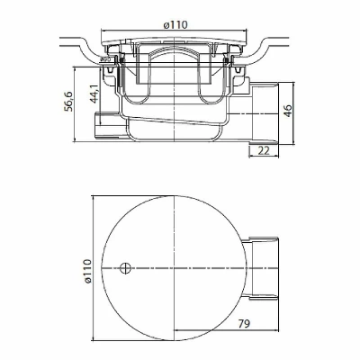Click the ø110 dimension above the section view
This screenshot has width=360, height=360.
pos(175,24)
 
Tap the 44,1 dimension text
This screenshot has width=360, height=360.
pos(94,94)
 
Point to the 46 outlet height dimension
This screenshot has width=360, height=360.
pos(287,111)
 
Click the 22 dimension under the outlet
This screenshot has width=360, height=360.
pos(264,150)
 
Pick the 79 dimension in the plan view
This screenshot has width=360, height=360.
pos(245,323)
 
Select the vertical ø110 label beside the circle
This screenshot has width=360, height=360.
pos(87,272)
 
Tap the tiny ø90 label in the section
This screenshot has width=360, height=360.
pos(105,59)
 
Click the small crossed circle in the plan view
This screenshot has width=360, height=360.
pos(125,267)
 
